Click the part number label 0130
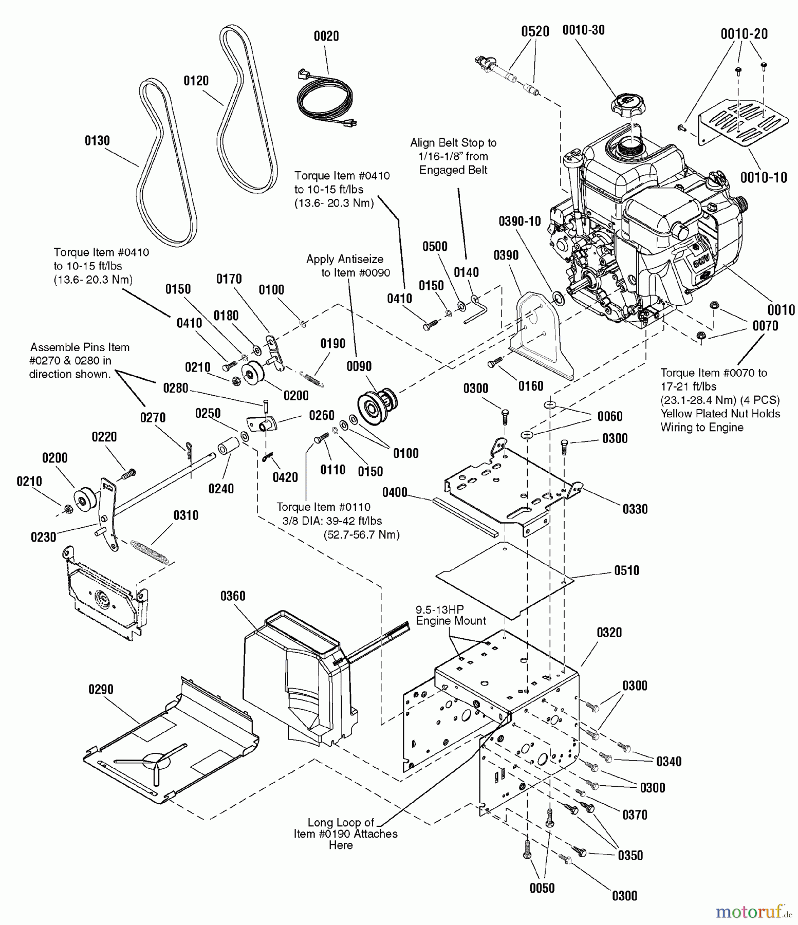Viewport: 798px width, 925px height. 97,141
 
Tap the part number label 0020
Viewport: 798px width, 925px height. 326,36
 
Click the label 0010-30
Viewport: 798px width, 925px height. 583,30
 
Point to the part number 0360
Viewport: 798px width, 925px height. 233,596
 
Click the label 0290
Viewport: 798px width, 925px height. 101,690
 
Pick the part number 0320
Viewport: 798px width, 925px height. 609,633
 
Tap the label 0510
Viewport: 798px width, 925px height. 626,570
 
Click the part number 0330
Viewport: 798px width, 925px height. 635,509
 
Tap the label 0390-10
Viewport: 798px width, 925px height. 519,221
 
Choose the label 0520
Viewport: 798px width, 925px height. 535,32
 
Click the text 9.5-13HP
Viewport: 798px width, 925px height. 439,609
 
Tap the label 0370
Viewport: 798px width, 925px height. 635,815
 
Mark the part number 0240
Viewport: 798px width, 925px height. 221,489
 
